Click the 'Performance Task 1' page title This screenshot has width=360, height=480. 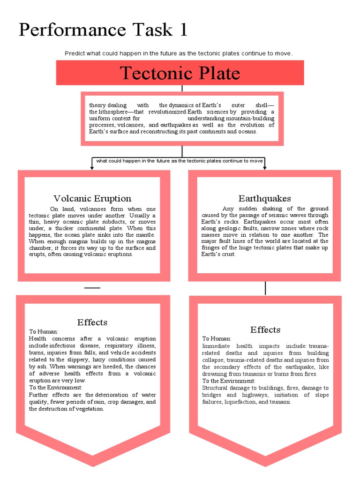pos(103,30)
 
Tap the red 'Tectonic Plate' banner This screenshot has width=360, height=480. pos(180,73)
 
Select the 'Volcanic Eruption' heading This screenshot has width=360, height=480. pos(92,198)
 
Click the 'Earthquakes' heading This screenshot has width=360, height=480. pos(264,198)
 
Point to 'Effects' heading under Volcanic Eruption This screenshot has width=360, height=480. pos(92,322)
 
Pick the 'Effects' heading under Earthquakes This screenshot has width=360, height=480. pos(265,330)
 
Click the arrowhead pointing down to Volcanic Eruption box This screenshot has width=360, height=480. pos(92,167)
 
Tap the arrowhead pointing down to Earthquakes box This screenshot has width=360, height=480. pos(265,167)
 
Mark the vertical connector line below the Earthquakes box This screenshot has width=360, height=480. pos(265,288)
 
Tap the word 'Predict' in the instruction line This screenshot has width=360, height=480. pos(75,53)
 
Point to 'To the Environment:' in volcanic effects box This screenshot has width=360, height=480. pos(56,388)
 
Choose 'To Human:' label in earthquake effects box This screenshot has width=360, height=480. pos(217,338)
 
